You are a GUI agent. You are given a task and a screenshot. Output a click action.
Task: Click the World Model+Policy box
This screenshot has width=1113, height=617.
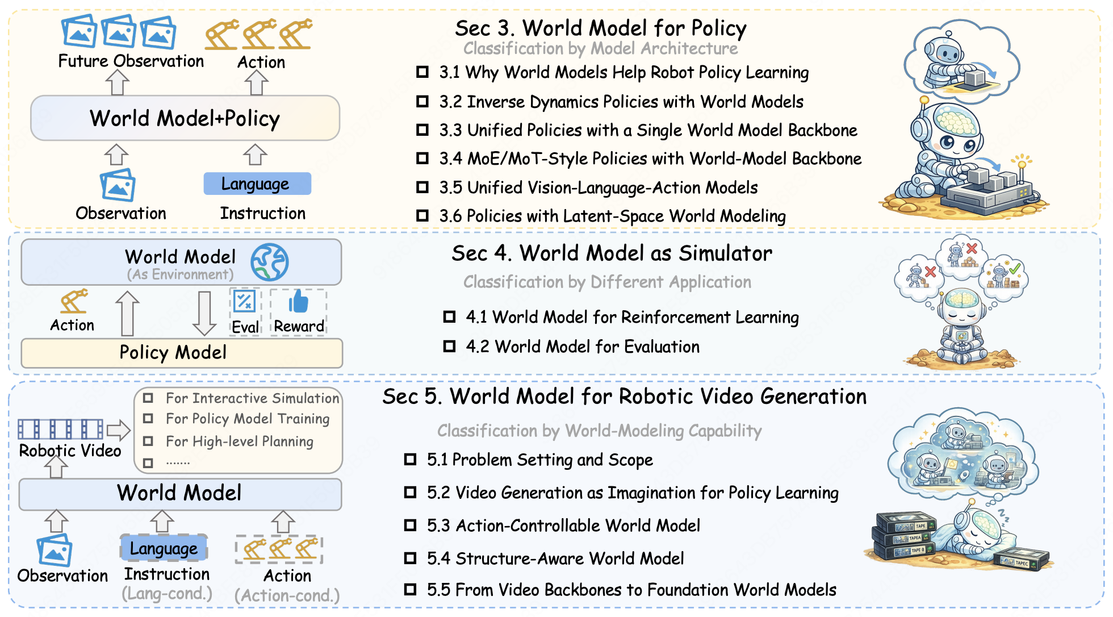pos(185,118)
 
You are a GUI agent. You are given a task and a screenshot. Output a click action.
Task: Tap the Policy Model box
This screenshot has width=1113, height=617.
pos(182,353)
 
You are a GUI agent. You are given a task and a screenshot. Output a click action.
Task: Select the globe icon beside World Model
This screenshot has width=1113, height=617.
pos(270,262)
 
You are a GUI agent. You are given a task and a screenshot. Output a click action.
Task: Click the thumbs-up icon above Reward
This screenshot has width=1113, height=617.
pos(299,301)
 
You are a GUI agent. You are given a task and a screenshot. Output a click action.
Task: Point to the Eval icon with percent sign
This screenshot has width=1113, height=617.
pos(245,301)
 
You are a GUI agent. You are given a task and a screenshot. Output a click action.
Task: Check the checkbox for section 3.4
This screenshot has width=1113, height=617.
pos(422,158)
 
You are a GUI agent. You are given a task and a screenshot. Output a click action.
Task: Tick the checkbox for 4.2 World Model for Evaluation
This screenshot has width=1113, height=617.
pos(450,346)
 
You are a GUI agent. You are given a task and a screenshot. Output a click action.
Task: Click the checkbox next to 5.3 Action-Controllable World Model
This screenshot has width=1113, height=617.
pos(410,525)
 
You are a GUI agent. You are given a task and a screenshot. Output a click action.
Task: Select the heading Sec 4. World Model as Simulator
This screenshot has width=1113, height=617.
pos(612,253)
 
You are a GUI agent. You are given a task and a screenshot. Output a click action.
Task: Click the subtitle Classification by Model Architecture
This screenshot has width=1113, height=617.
pos(600,48)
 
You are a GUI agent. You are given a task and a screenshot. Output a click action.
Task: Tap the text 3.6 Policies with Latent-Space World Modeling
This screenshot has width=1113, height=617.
pos(612,216)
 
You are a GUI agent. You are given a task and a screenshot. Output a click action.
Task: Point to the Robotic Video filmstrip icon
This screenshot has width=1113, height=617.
pos(61,429)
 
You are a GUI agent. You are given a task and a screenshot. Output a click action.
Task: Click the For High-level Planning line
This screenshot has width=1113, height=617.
pos(239,441)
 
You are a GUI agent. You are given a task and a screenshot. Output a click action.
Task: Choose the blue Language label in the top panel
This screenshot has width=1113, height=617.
pos(257,184)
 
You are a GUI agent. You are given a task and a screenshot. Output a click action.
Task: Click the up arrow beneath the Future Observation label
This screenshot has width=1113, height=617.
pos(117,82)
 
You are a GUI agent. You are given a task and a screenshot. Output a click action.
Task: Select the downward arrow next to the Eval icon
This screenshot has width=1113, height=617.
pos(204,313)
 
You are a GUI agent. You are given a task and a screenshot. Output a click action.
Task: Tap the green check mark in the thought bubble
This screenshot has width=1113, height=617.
pos(1015,268)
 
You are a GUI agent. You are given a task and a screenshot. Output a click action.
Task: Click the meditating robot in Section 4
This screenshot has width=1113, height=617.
pos(962,327)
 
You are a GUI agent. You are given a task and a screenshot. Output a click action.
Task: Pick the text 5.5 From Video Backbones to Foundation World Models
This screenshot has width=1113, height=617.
pos(631,590)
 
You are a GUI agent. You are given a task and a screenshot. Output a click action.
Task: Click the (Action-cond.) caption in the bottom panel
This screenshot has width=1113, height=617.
pos(287,595)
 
